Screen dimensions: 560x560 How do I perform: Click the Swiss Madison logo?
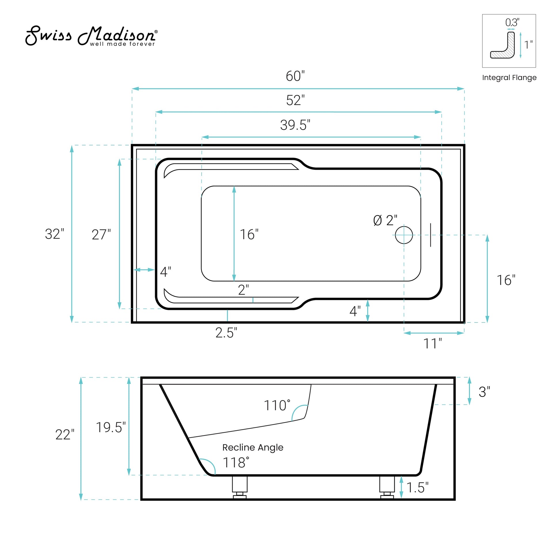92,36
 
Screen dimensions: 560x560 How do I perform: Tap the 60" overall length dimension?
295,76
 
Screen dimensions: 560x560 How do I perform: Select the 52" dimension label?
295,100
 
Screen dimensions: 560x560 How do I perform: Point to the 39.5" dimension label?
295,125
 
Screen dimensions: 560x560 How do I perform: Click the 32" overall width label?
54,234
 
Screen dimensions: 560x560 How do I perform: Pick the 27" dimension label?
101,235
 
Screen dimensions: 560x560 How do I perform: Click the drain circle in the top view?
404,235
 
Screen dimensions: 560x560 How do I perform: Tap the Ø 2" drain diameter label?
385,221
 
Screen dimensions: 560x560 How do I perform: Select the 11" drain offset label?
433,344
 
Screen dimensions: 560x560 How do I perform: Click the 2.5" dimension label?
226,333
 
